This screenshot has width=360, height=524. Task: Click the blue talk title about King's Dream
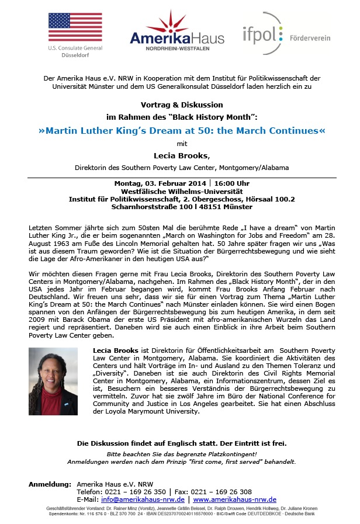point(182,130)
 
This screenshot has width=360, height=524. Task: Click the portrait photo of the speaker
point(53,380)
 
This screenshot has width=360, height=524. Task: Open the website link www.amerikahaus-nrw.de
point(234,499)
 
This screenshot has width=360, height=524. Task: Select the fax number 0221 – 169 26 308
point(224,492)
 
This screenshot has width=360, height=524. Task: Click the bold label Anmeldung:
point(50,484)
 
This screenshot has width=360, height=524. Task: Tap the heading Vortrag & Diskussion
point(182,105)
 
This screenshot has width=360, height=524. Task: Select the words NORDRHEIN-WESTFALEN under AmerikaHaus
point(179,49)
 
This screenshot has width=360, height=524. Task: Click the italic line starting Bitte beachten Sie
point(182,453)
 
